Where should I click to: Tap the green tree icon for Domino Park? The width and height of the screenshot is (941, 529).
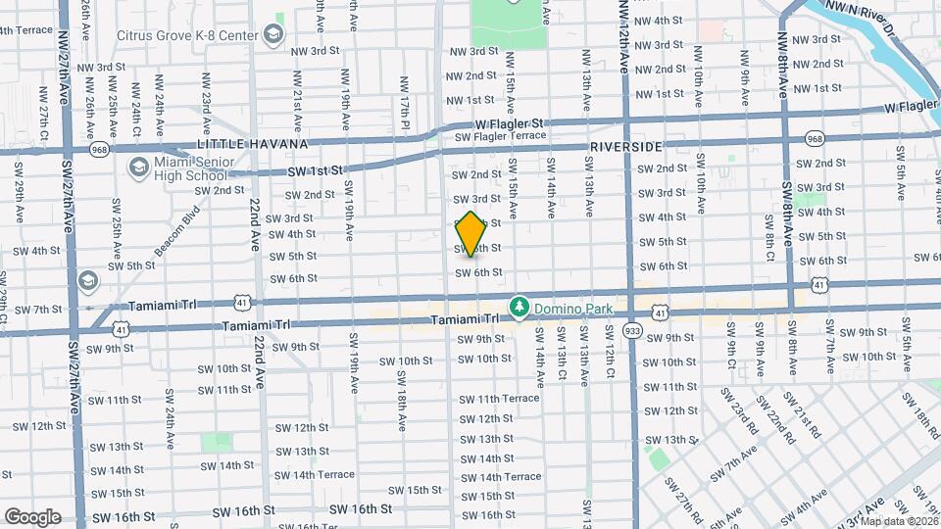tap(519, 307)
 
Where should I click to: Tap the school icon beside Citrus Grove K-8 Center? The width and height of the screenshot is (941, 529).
tap(273, 36)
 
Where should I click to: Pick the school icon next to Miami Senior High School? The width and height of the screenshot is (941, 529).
tap(138, 168)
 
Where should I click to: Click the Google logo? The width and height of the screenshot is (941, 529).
tap(31, 516)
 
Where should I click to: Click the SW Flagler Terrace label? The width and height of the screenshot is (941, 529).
tap(500, 137)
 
